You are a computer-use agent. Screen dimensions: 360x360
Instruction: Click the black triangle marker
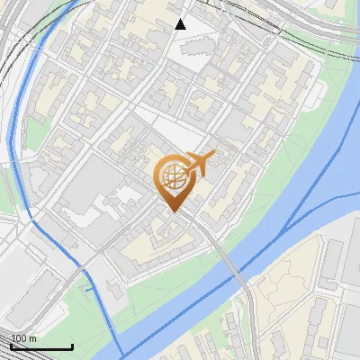point(181,24)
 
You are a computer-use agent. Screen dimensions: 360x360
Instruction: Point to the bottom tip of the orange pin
point(174,212)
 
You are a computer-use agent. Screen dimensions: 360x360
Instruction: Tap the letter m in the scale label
point(32,339)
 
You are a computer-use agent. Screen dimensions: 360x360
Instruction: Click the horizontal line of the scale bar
point(41,347)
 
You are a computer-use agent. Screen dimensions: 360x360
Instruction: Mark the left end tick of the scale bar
point(11,346)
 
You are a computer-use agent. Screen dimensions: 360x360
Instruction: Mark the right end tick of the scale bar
point(72,346)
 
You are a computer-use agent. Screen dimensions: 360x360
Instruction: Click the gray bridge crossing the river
point(236,274)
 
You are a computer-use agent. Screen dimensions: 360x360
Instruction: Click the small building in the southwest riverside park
point(113,289)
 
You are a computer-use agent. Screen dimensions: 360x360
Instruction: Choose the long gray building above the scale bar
point(27,297)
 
